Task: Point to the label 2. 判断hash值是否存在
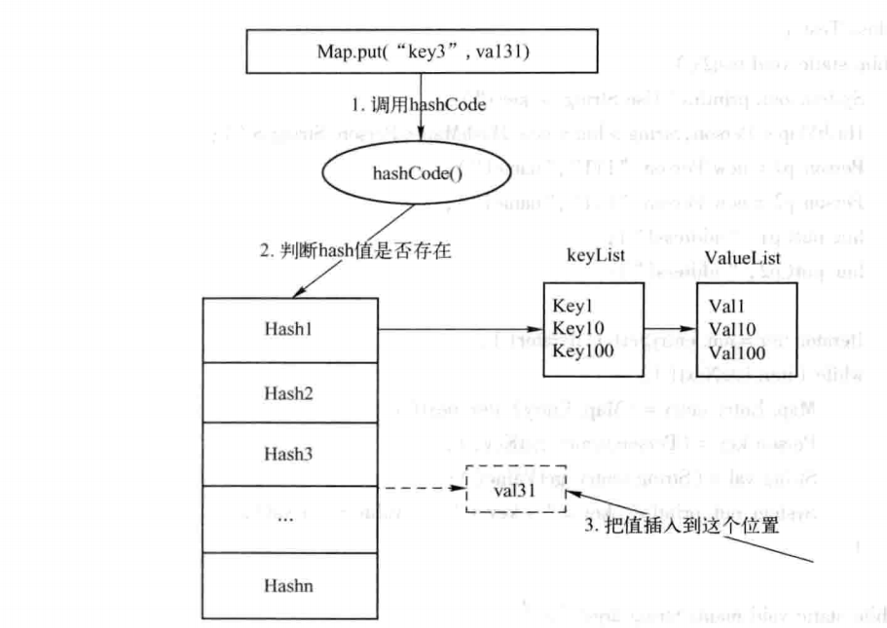pos(354,250)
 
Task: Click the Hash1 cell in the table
pos(289,329)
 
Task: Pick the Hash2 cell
pos(289,391)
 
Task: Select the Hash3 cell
pos(289,454)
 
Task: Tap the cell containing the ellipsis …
pos(289,518)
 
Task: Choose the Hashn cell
pos(289,585)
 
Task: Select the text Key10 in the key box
pos(576,327)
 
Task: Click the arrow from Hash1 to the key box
pos(458,329)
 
